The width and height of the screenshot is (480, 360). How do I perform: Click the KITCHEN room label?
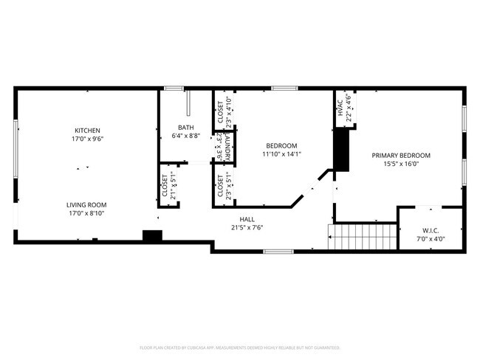pyautogui.click(x=86, y=131)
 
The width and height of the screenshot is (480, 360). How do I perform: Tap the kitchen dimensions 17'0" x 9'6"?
pyautogui.click(x=86, y=139)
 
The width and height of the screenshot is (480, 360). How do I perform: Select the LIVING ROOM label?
pyautogui.click(x=86, y=205)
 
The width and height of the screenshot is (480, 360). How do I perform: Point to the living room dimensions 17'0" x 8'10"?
pyautogui.click(x=86, y=213)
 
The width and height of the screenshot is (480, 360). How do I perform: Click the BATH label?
pyautogui.click(x=185, y=128)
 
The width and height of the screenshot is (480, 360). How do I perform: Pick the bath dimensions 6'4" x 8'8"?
pyautogui.click(x=185, y=136)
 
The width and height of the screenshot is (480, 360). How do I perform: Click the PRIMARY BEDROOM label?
pyautogui.click(x=400, y=156)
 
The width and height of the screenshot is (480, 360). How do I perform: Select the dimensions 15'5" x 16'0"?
pyautogui.click(x=400, y=164)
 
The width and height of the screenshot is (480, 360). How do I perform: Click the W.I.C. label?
pyautogui.click(x=431, y=231)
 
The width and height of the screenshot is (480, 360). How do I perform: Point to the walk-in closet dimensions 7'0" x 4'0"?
pyautogui.click(x=431, y=239)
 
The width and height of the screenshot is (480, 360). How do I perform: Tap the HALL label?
pyautogui.click(x=247, y=219)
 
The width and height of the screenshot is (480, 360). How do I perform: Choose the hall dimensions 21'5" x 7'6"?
pyautogui.click(x=247, y=227)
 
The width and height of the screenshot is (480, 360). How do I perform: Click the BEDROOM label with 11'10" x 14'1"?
pyautogui.click(x=281, y=145)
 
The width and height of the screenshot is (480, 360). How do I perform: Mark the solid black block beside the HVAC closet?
pyautogui.click(x=340, y=150)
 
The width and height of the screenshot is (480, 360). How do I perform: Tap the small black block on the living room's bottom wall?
pyautogui.click(x=152, y=235)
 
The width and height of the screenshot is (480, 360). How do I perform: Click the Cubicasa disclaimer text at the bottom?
pyautogui.click(x=239, y=347)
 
